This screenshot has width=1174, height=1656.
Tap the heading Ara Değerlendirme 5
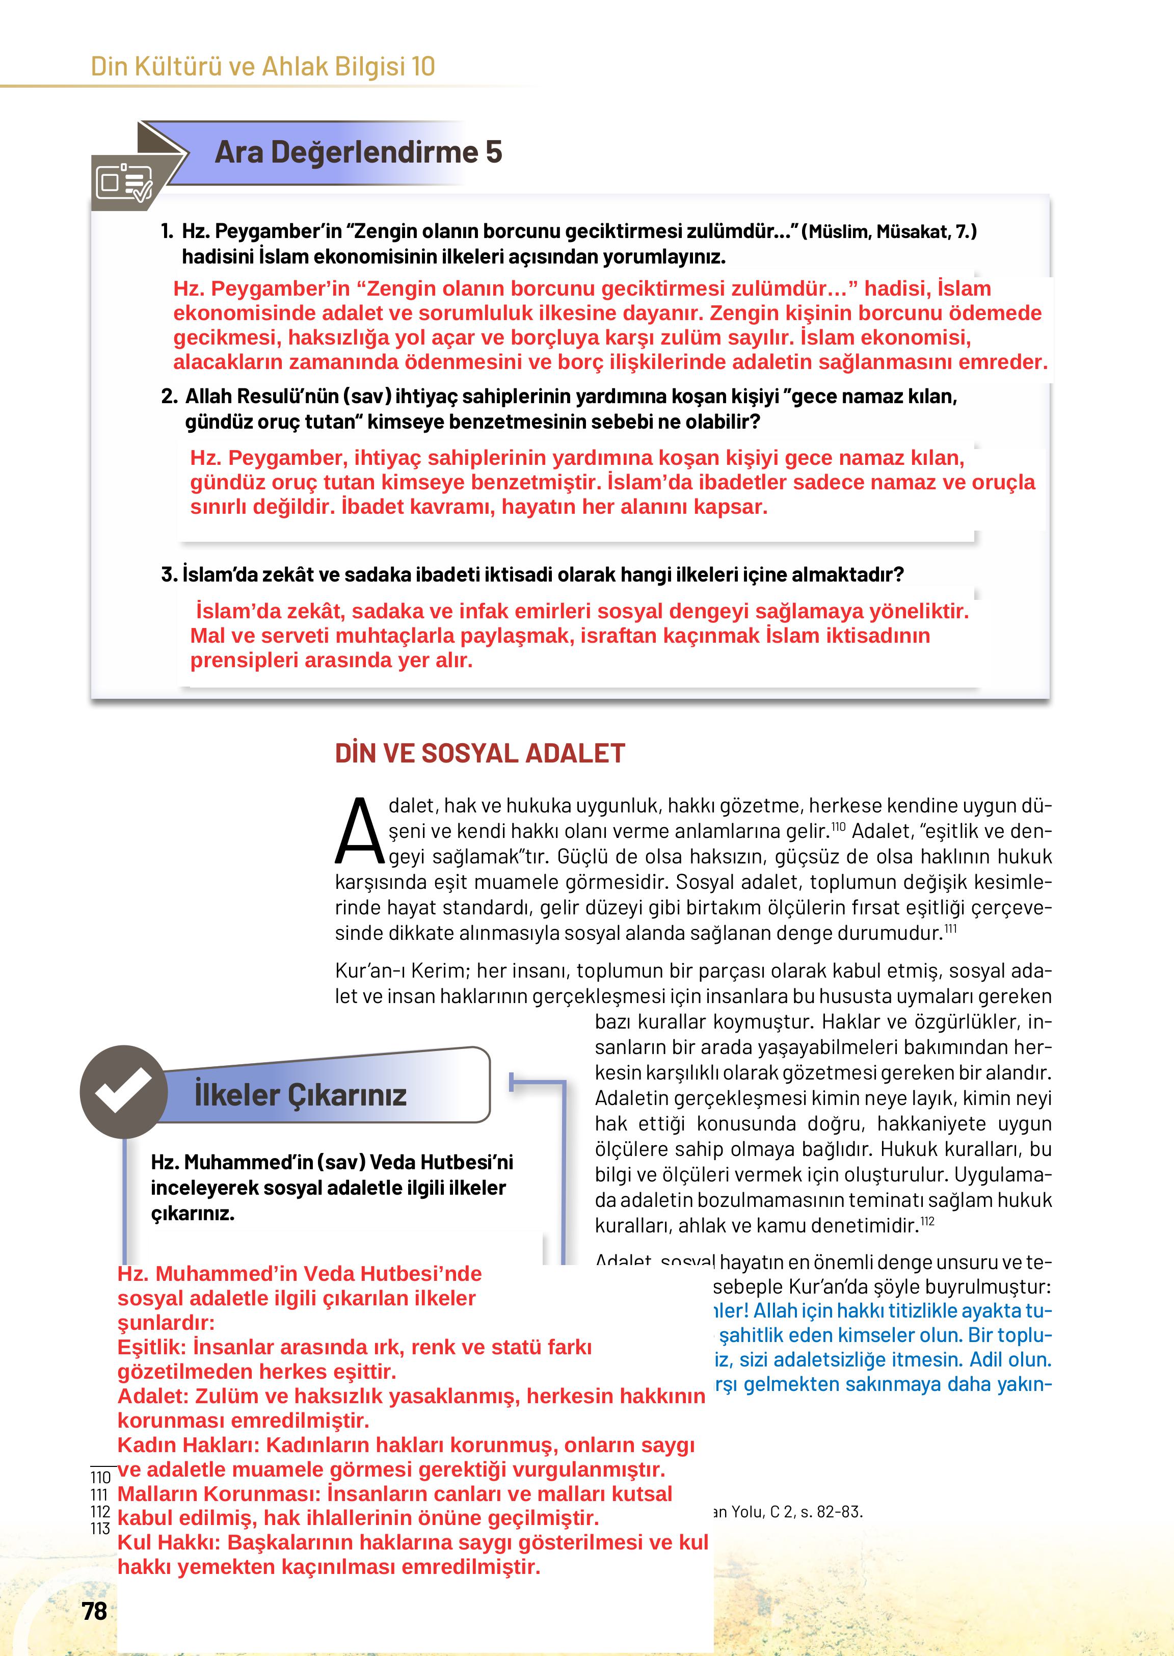tap(358, 152)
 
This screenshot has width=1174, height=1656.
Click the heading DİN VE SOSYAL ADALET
tap(479, 753)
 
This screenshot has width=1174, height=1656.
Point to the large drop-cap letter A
tap(359, 832)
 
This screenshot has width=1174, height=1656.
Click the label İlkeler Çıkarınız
tap(300, 1095)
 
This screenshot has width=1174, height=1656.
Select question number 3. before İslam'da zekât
tap(169, 575)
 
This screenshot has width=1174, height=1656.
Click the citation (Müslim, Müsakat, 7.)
tap(889, 231)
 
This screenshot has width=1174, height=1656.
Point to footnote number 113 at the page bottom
tap(100, 1529)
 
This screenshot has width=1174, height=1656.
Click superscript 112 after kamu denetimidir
tap(927, 1221)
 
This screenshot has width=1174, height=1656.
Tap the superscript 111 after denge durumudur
tap(951, 929)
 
